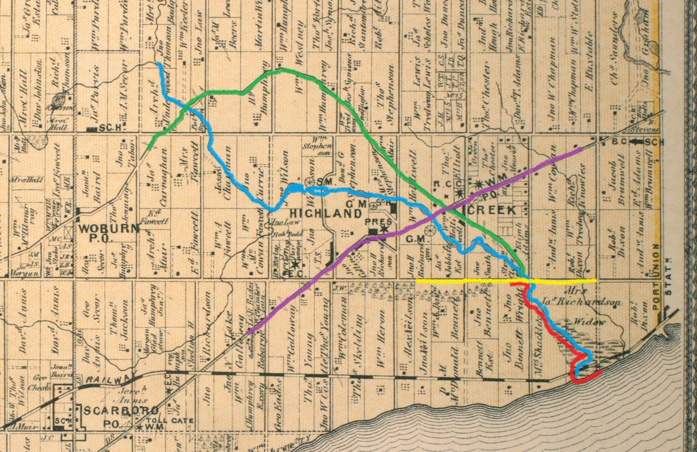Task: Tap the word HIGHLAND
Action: click(x=325, y=213)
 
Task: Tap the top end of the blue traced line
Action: click(x=158, y=64)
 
